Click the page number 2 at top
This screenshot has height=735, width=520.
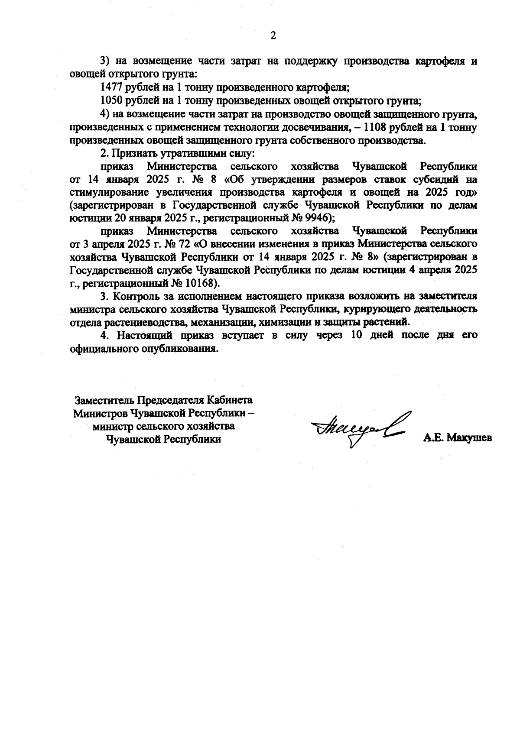tap(273, 36)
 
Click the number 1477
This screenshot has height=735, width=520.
tap(111, 87)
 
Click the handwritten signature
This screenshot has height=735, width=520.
tap(359, 427)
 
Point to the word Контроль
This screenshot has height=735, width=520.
tap(134, 297)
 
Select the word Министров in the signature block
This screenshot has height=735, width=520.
tap(100, 413)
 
